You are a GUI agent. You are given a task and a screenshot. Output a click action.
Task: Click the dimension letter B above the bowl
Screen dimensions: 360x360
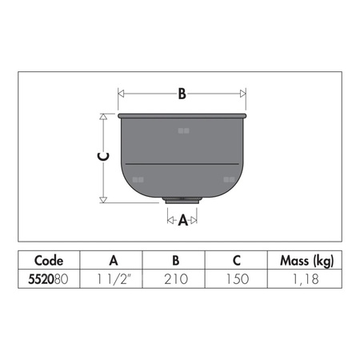(182, 94)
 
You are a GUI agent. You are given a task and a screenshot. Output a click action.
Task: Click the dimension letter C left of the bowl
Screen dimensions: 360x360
(103, 157)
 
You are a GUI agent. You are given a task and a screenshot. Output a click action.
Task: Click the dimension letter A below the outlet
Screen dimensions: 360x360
(183, 220)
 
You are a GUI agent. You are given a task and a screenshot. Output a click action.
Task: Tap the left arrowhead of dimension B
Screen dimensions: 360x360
(121, 94)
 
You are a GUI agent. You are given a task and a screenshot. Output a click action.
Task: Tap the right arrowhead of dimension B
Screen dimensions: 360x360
(242, 94)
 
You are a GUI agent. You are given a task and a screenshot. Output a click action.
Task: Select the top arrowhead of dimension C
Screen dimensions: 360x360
(103, 117)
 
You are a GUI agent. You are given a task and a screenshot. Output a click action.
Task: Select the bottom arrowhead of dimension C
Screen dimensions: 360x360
(103, 200)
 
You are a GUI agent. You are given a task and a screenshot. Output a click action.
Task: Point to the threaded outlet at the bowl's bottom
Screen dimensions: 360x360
(182, 201)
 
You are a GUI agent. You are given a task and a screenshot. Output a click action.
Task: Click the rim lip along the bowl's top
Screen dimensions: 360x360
(182, 116)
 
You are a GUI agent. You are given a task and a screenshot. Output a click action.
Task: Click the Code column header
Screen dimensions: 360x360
(49, 260)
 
